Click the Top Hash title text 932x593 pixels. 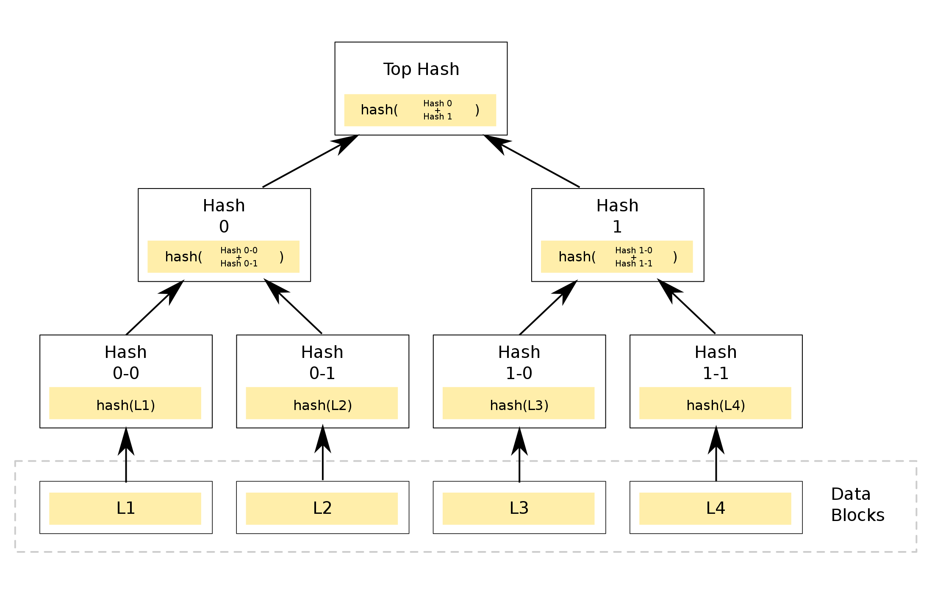point(421,69)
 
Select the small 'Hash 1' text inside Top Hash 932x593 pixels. point(438,116)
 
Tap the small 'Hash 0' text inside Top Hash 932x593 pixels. point(438,103)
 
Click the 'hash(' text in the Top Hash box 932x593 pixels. point(379,110)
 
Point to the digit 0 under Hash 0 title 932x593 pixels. point(224,227)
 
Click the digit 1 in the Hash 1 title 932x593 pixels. point(617,227)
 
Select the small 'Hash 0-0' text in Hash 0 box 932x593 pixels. point(239,250)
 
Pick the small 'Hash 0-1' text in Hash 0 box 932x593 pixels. point(239,263)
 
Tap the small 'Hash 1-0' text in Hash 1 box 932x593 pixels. point(634,250)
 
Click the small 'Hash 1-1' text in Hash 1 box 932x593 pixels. point(634,263)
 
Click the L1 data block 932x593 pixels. point(125,508)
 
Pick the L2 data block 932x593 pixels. point(322,508)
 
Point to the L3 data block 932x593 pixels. point(519,508)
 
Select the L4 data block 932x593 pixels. point(716,508)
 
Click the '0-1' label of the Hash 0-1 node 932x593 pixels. point(322,373)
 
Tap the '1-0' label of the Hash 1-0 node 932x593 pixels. point(519,373)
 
